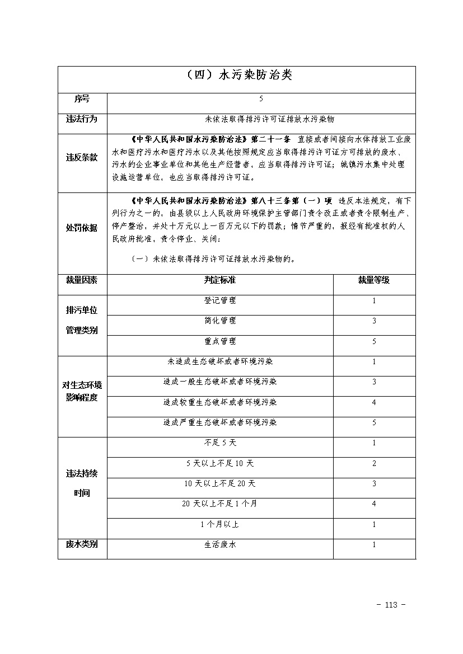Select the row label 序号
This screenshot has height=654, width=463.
point(82,99)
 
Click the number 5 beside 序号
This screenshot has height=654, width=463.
point(261,99)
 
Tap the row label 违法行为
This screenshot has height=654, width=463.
point(82,119)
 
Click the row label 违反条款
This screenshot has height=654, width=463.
point(82,158)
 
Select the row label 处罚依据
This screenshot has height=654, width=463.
point(82,228)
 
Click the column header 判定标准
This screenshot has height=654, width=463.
point(220,280)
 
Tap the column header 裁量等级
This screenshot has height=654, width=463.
point(374,280)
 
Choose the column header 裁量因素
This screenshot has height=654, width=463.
point(82,280)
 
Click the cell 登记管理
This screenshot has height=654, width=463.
point(220,300)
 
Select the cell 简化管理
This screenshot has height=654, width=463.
point(220,321)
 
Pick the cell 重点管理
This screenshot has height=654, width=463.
point(220,341)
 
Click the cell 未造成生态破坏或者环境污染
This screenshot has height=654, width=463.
point(220,362)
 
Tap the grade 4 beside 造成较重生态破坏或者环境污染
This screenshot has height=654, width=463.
point(374,402)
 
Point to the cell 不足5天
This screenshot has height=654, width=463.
point(220,443)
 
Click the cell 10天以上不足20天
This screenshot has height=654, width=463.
point(220,483)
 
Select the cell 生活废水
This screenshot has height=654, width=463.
point(220,544)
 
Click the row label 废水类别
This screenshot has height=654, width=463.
point(82,544)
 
